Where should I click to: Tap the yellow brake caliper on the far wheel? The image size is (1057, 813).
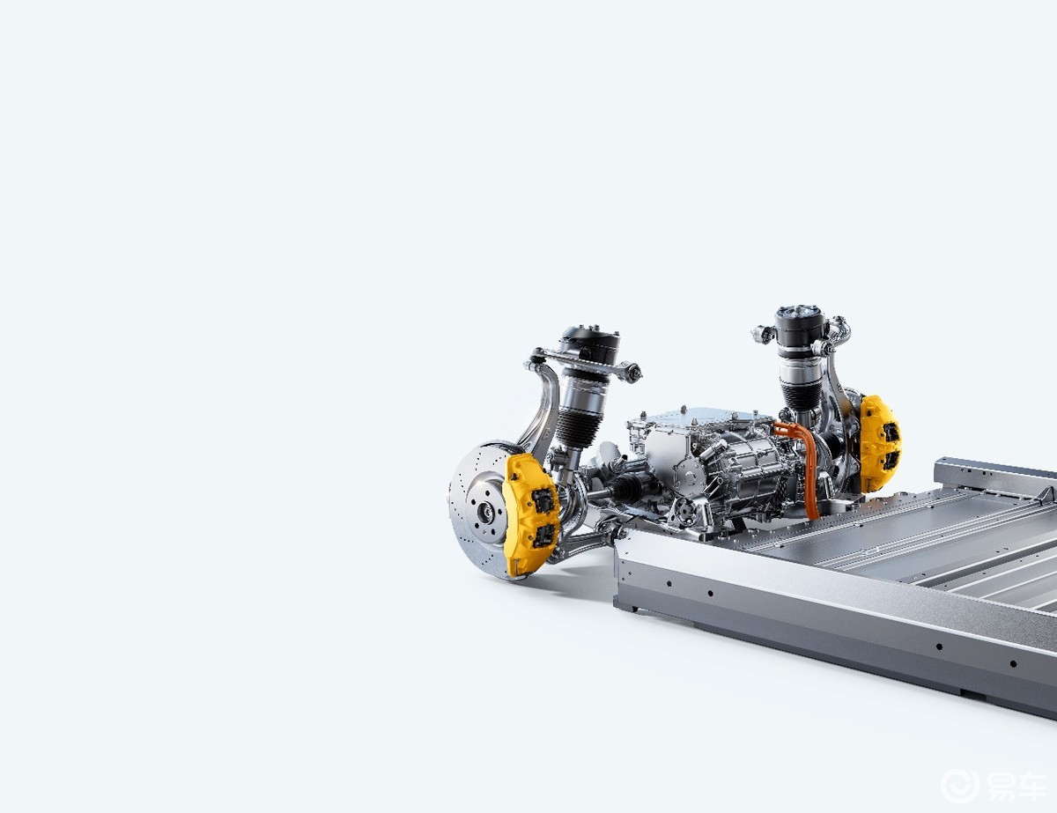pyautogui.click(x=879, y=442)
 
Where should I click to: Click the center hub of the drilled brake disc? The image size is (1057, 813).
pyautogui.click(x=484, y=512)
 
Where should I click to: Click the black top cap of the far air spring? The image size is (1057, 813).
pyautogui.click(x=800, y=325)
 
